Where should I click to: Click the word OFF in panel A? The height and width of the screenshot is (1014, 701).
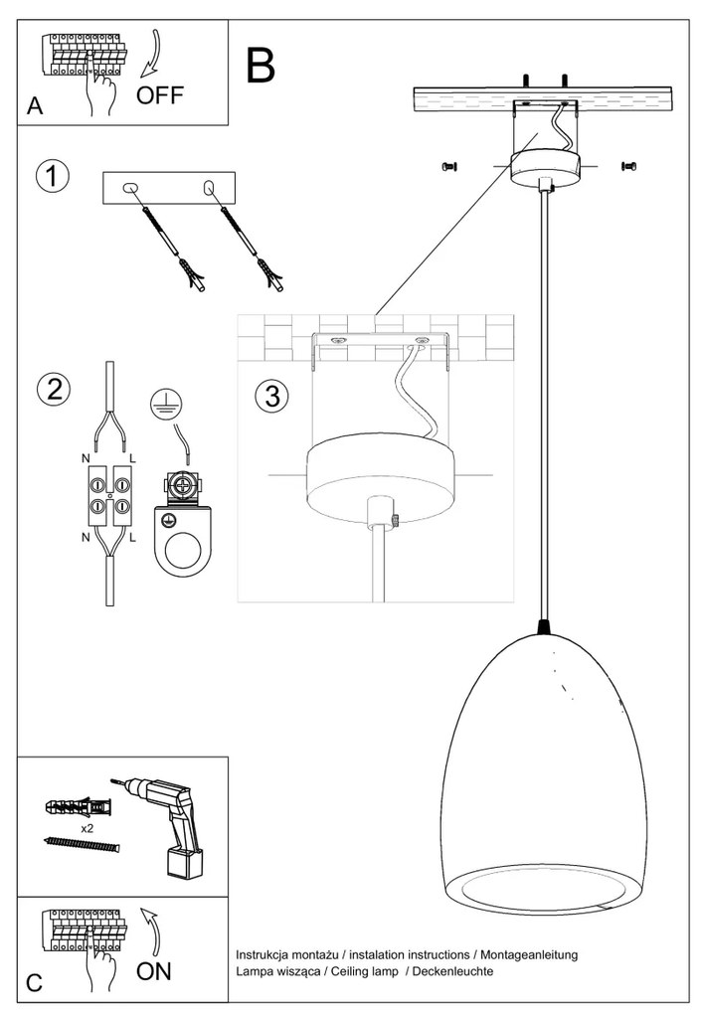159,95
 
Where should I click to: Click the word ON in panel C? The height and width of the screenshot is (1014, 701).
154,971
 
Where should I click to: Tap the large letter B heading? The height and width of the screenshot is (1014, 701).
261,65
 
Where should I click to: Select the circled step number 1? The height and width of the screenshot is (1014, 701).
53,176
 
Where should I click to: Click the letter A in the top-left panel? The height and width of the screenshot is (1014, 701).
36,108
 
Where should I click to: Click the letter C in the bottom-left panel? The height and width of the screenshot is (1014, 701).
35,983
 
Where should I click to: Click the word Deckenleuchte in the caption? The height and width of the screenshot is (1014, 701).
449,969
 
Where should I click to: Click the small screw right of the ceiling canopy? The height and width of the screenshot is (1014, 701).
628,166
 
